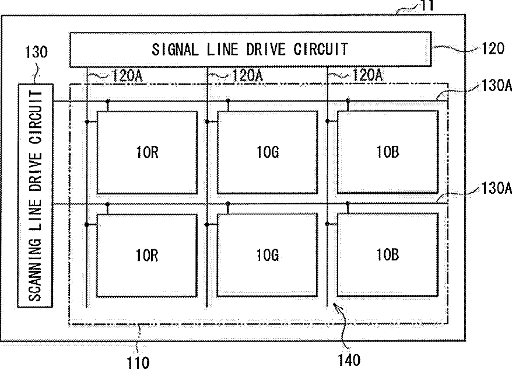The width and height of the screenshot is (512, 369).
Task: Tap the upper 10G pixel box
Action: [267, 152]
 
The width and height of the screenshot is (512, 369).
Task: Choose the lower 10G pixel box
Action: [267, 255]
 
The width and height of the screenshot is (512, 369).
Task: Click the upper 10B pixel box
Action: [387, 152]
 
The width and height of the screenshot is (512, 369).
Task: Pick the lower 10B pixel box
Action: [387, 255]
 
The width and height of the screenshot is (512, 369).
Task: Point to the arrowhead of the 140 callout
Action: [335, 304]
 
